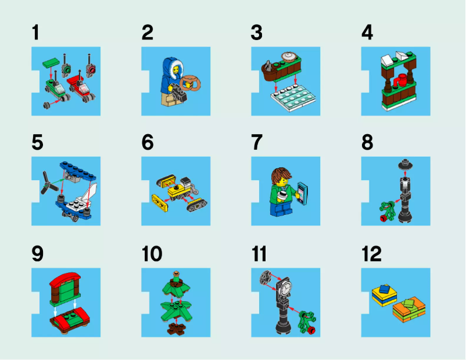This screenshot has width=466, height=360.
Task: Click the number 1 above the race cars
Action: pyautogui.click(x=36, y=33)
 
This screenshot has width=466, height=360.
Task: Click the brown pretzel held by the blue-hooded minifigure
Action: pyautogui.click(x=189, y=81)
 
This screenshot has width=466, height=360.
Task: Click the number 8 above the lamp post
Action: pyautogui.click(x=367, y=143)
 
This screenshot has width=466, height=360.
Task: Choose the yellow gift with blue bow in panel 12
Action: pyautogui.click(x=384, y=293)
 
